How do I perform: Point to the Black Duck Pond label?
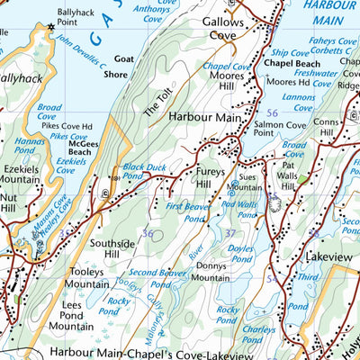pos(145,172)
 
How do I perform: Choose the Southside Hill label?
pos(115,249)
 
